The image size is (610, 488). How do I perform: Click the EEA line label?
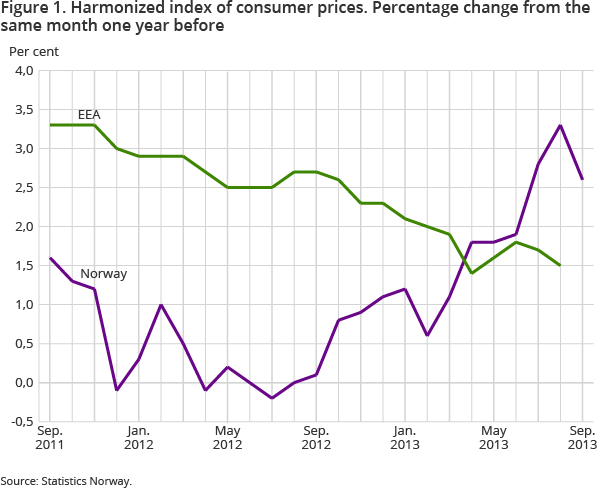click(x=91, y=112)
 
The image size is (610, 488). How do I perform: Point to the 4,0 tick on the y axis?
click(x=22, y=71)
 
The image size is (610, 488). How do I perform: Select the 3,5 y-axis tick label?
click(x=22, y=110)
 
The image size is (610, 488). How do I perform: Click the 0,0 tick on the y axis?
click(x=22, y=383)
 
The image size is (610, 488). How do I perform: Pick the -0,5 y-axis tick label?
click(x=21, y=422)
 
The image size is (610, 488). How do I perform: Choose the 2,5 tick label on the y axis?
click(x=22, y=188)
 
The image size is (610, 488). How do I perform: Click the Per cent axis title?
click(x=33, y=50)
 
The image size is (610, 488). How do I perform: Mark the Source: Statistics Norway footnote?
click(x=66, y=481)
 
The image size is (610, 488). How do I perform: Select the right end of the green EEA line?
click(x=560, y=266)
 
